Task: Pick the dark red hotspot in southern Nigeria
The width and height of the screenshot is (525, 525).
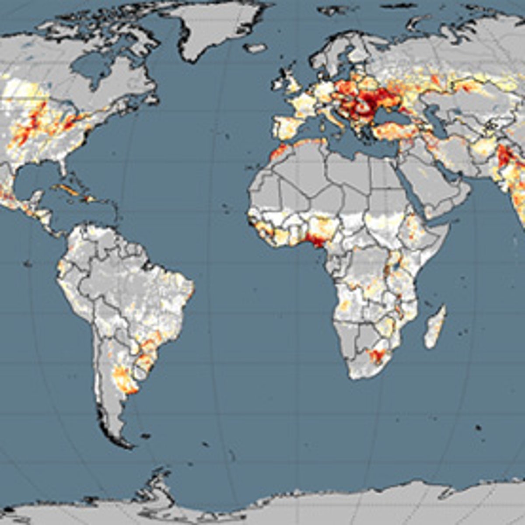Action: point(316,240)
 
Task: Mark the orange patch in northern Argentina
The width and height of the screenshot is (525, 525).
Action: point(122,378)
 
